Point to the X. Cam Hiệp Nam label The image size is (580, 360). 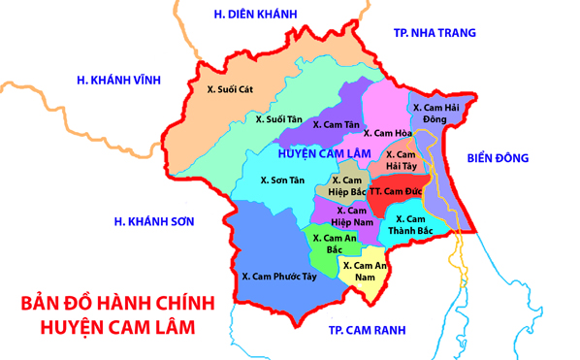(x=353, y=215)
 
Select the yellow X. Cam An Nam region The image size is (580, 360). (x=365, y=271)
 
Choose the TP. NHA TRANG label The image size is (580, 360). (x=435, y=32)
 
